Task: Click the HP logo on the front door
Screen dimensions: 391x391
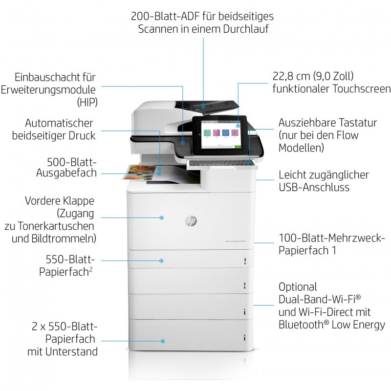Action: click(x=191, y=221)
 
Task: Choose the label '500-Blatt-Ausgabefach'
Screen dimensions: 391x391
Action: click(x=66, y=167)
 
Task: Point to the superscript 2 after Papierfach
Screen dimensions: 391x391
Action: click(x=91, y=269)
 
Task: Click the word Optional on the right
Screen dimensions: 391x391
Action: click(x=298, y=286)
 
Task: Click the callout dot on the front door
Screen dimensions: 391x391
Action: click(x=162, y=217)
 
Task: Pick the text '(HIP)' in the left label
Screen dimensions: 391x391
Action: click(x=87, y=103)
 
